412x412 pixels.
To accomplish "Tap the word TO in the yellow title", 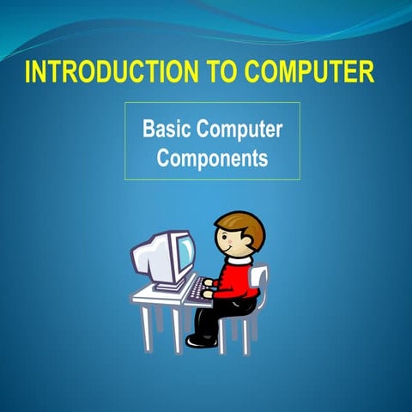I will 221,73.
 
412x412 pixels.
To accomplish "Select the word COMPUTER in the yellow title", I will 310,73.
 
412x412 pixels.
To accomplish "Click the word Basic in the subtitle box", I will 167,130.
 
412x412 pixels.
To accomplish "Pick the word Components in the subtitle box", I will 213,159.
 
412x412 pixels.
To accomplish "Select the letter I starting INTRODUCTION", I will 28,73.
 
